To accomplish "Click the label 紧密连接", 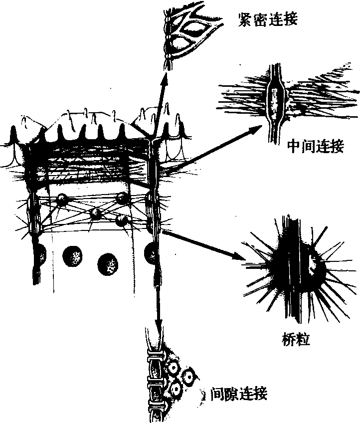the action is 267,19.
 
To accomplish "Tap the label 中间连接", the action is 316,146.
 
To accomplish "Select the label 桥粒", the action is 296,339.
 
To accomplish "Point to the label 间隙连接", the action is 239,394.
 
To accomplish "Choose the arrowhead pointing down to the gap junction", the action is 159,322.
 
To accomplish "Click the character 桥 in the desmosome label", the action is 289,339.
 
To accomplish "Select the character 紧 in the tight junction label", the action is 245,19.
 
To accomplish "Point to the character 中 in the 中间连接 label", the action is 294,146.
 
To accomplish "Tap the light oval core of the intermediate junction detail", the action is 274,103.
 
